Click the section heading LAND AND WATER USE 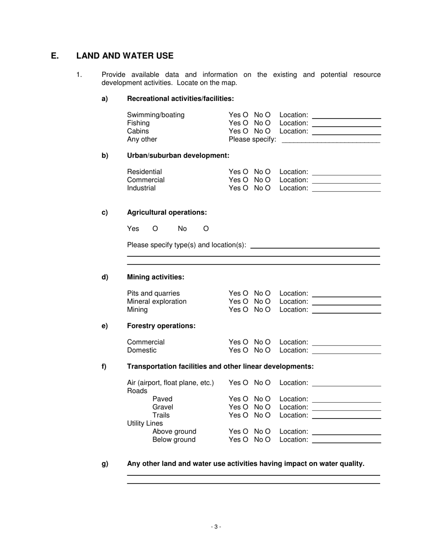coord(125,56)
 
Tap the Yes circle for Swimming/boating coord(246,115)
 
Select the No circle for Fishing coord(267,123)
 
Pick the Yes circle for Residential coord(246,172)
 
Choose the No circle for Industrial coord(267,188)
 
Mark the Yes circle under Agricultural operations coord(155,229)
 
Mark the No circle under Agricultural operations coord(206,229)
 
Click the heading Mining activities coord(156,277)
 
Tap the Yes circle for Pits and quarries coord(246,294)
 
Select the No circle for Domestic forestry coord(267,350)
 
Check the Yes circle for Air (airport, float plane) coord(246,383)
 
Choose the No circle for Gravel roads coord(267,407)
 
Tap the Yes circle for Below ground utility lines coord(246,440)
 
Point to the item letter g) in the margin coord(105,464)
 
